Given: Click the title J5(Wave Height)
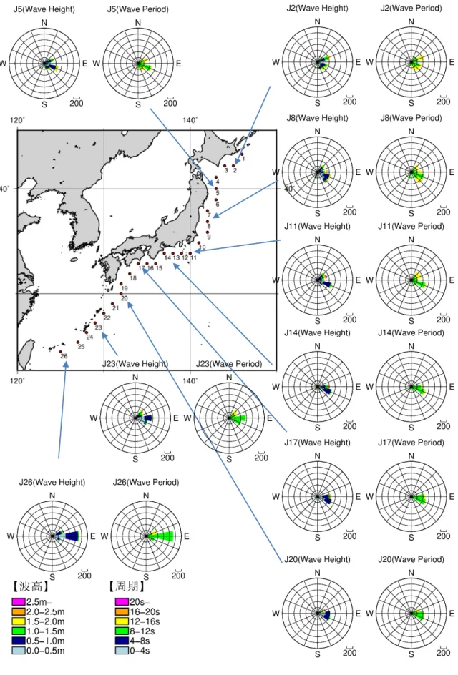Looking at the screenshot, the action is pos(44,9).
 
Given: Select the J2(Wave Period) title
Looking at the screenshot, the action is pos(411,8).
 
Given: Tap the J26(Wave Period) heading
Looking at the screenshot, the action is pos(146,482).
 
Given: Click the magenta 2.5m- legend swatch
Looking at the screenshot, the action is pos(19,601).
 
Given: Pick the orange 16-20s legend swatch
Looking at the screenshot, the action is pos(122,611).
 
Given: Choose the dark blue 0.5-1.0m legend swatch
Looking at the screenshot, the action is pos(19,641).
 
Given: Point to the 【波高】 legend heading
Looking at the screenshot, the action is pos(31,586).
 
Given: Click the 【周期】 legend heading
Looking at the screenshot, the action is pos(127,586).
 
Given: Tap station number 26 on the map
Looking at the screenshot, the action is pos(64,356).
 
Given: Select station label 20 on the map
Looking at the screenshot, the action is pos(124,298).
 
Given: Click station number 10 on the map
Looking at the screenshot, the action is pos(203,247).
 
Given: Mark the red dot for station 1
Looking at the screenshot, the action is pos(242,154).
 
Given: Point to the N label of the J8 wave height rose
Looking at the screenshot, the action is pos(318,132).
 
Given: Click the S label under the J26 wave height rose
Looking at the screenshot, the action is pos(52,577).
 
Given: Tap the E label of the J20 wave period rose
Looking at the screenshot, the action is pos(452,614).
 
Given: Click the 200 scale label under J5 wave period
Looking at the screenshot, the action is pos(170,103).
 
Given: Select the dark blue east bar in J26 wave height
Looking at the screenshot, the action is pos(72,536).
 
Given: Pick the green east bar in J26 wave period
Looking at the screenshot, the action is pos(162,536).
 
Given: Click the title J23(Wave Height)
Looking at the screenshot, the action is pos(135,364).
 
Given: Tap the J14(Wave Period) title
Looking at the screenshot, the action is pos(411,332).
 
